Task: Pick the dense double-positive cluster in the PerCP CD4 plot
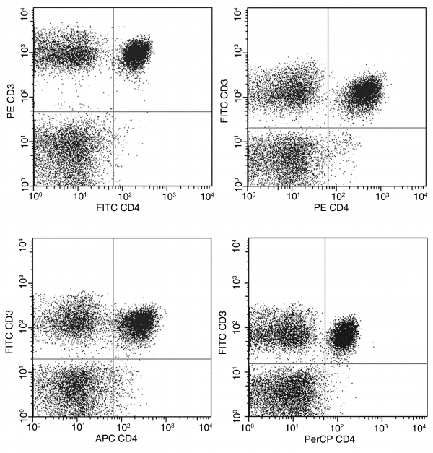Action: click(344, 334)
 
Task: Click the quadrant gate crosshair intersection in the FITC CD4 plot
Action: click(113, 112)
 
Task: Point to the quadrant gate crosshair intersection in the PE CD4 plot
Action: click(328, 128)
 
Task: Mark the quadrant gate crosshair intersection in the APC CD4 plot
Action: click(113, 359)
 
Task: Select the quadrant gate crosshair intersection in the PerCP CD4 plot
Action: click(325, 363)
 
